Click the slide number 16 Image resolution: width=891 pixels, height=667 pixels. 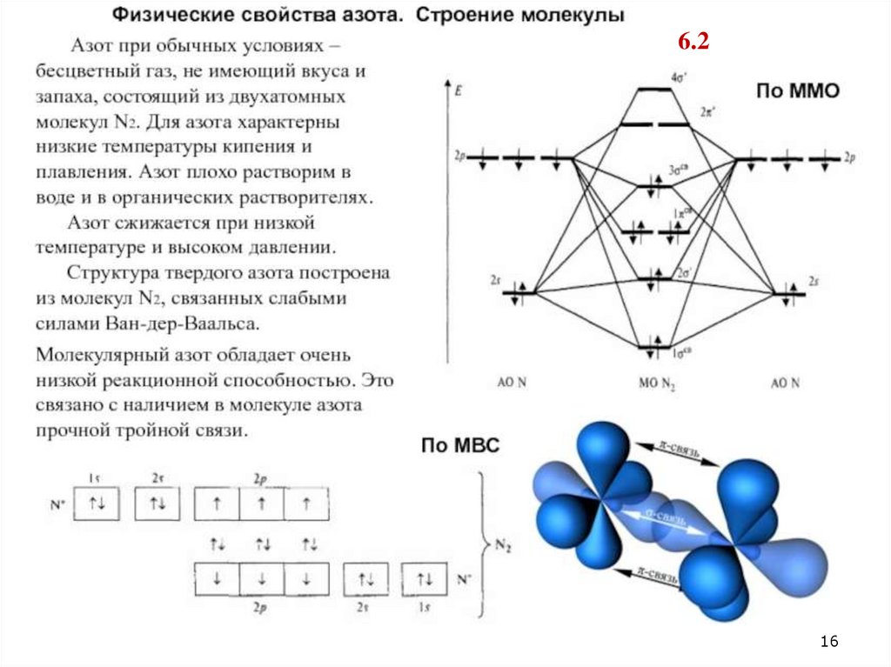coord(828,642)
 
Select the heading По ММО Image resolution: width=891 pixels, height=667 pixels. coord(796,91)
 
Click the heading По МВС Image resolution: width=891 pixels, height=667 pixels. coord(460,446)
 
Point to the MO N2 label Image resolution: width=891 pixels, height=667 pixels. coord(657,384)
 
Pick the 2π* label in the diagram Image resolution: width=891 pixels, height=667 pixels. coord(707,113)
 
